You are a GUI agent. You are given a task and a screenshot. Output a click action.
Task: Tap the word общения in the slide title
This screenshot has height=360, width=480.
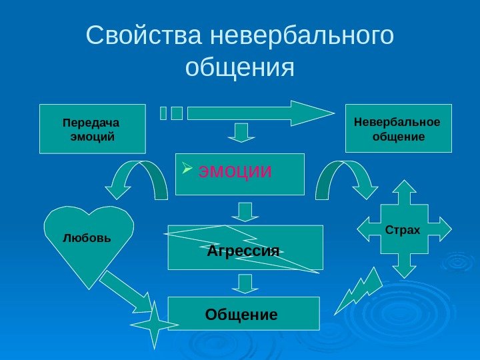(x=239, y=67)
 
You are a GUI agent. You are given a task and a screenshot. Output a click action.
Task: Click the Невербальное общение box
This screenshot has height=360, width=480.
(x=398, y=129)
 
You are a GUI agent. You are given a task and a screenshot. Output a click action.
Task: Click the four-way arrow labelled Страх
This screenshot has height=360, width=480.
(x=403, y=229)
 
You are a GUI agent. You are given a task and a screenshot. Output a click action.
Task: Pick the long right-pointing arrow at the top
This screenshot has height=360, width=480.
(x=260, y=113)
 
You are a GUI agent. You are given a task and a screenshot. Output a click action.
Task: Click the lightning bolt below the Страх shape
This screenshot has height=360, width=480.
(x=358, y=291)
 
